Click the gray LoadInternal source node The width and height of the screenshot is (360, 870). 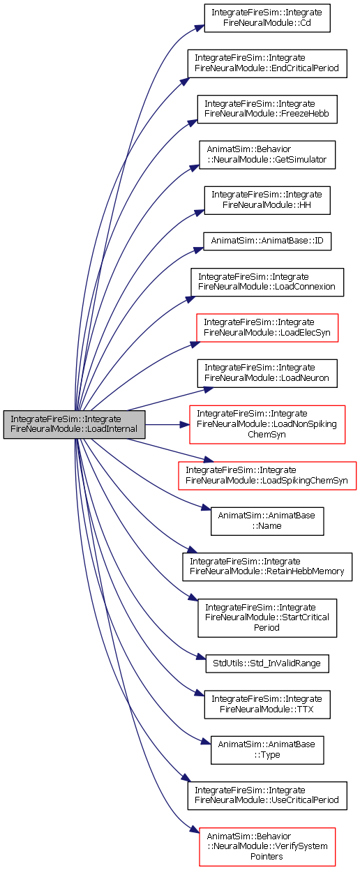[74, 424]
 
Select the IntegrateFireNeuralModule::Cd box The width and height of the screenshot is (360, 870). [267, 18]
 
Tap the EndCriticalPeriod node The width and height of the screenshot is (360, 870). [267, 63]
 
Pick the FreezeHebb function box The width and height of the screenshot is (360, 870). [267, 109]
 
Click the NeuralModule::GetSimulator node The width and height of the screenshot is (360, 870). [267, 155]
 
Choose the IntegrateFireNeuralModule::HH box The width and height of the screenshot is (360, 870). [267, 200]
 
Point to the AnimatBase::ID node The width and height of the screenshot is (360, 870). [267, 241]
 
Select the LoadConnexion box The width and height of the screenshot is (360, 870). [267, 282]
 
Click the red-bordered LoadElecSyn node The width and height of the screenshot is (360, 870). [267, 328]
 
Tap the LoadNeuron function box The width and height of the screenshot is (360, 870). [267, 373]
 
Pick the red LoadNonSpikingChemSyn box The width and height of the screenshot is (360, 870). [267, 424]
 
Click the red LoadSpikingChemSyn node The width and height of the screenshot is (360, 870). [267, 476]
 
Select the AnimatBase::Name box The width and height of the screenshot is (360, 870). [267, 521]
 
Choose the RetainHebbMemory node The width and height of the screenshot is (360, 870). [267, 567]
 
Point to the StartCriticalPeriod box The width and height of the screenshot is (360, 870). [267, 618]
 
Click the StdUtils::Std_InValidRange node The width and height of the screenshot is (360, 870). [267, 663]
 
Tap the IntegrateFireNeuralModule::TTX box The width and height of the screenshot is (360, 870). [267, 705]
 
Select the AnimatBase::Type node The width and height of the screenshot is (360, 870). [267, 750]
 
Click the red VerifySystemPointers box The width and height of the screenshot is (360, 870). [267, 847]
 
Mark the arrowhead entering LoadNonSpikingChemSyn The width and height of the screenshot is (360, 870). [185, 424]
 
